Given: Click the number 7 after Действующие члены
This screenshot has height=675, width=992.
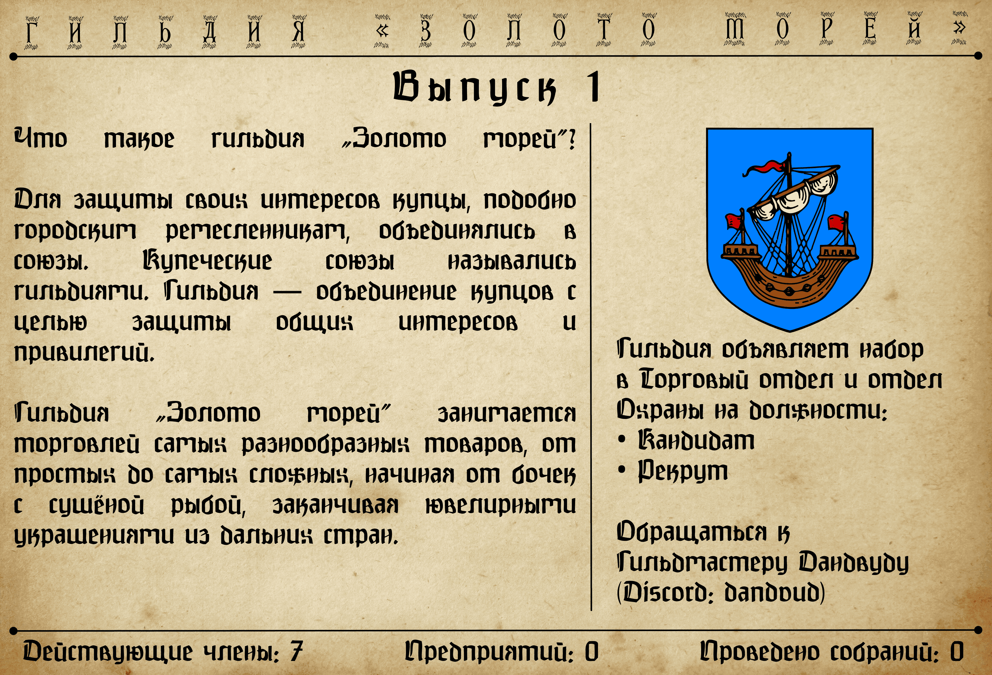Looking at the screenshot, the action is pos(297,652).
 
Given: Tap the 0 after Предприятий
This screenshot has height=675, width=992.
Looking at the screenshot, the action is pos(592,652).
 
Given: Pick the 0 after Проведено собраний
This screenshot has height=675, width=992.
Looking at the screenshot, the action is pos(957,652).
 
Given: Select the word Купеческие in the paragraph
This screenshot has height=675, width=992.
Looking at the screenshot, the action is pos(207,261).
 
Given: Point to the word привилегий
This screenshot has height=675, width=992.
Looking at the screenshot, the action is pos(84,353).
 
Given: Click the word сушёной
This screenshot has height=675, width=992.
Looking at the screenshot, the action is pos(96,506).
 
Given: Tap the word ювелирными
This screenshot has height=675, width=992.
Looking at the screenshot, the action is pos(501,506).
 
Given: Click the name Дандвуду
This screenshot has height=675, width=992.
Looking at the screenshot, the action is pos(854,563).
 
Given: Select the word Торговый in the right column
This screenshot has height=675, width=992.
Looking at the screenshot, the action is pos(694,380).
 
